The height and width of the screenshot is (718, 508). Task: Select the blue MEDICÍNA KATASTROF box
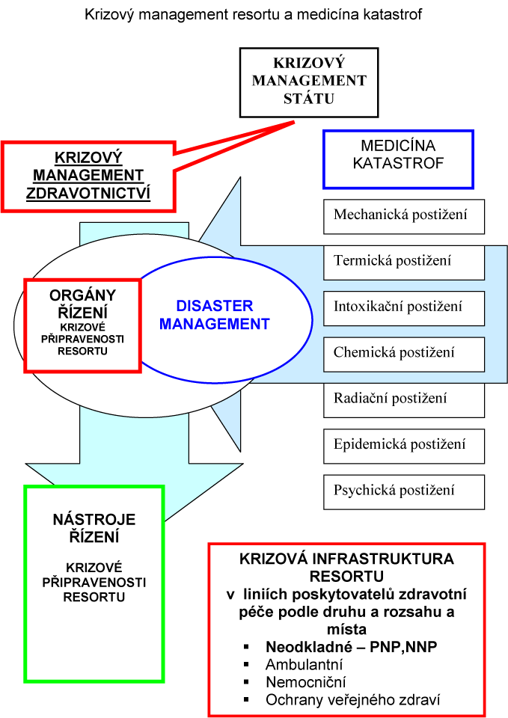coord(397,159)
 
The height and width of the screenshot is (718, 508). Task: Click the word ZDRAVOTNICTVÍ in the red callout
coord(88,193)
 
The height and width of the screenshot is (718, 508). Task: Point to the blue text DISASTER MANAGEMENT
coord(215,315)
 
